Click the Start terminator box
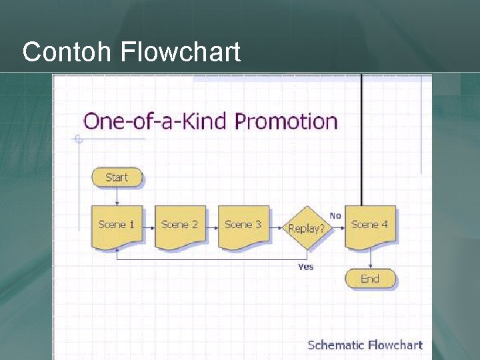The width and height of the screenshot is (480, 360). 117,177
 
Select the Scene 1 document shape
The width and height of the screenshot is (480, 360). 117,226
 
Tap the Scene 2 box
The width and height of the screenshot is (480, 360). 180,226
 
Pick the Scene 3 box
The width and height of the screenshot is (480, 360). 243,226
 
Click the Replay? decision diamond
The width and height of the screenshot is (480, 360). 307,228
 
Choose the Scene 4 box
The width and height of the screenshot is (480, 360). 370,226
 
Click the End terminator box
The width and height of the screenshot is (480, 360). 370,279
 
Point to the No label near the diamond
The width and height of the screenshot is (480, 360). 335,215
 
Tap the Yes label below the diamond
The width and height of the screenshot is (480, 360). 305,267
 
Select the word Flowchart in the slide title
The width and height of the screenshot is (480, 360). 181,52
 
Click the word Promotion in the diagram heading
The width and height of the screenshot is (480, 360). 286,121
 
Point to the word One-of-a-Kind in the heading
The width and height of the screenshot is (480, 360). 156,121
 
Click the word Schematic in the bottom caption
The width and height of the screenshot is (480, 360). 336,345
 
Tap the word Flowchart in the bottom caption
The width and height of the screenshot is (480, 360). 395,345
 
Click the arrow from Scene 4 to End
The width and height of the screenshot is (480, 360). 371,259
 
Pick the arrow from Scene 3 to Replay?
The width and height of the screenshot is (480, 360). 276,227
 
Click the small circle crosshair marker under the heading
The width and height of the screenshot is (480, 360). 79,139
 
